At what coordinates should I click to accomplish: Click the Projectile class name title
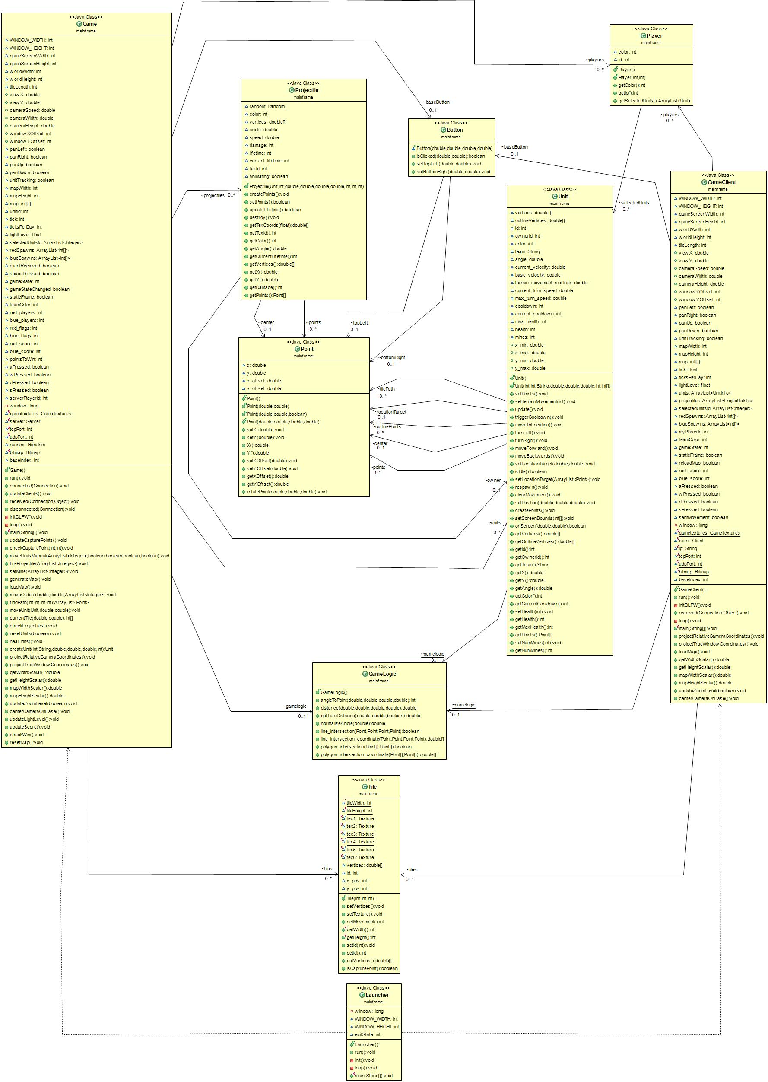[x=306, y=90]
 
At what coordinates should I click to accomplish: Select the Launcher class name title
[x=377, y=995]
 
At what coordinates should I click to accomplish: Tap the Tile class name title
[x=372, y=787]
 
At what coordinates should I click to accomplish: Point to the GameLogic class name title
[x=382, y=674]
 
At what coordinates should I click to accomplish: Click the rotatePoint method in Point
[x=286, y=492]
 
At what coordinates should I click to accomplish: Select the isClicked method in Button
[x=450, y=156]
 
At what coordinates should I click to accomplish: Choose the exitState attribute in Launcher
[x=368, y=1034]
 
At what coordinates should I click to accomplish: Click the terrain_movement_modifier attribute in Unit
[x=551, y=283]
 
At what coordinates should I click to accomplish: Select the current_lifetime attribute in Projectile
[x=269, y=161]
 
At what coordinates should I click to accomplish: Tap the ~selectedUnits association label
[x=634, y=203]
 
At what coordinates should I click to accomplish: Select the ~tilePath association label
[x=386, y=389]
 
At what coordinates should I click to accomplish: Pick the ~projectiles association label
[x=213, y=195]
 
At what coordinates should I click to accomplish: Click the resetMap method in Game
[x=26, y=742]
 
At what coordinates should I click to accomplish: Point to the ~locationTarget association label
[x=390, y=412]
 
